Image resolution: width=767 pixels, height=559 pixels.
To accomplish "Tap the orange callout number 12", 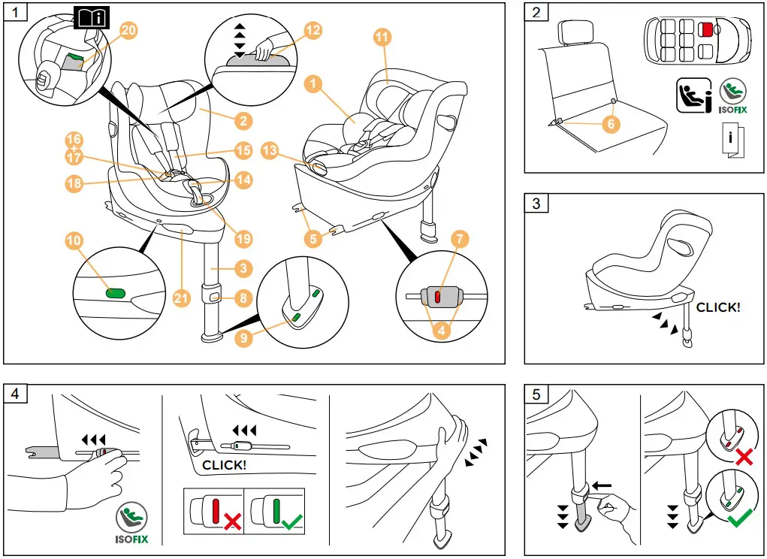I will point(313,29).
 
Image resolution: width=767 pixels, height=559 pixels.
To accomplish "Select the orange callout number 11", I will point(383,36).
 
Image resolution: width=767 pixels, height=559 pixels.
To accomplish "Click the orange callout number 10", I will point(74,240).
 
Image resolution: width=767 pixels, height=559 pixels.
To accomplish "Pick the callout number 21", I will point(180,298).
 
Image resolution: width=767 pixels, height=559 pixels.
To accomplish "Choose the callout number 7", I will point(461,240).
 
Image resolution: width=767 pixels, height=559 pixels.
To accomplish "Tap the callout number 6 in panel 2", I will point(611,125).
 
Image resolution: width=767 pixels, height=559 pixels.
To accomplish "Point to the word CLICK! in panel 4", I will point(224,465).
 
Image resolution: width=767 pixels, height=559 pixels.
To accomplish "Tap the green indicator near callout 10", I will point(115,293).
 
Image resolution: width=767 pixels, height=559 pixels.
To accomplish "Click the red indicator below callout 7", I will point(437,298).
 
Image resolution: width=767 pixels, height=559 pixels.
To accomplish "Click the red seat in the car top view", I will point(706,29).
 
